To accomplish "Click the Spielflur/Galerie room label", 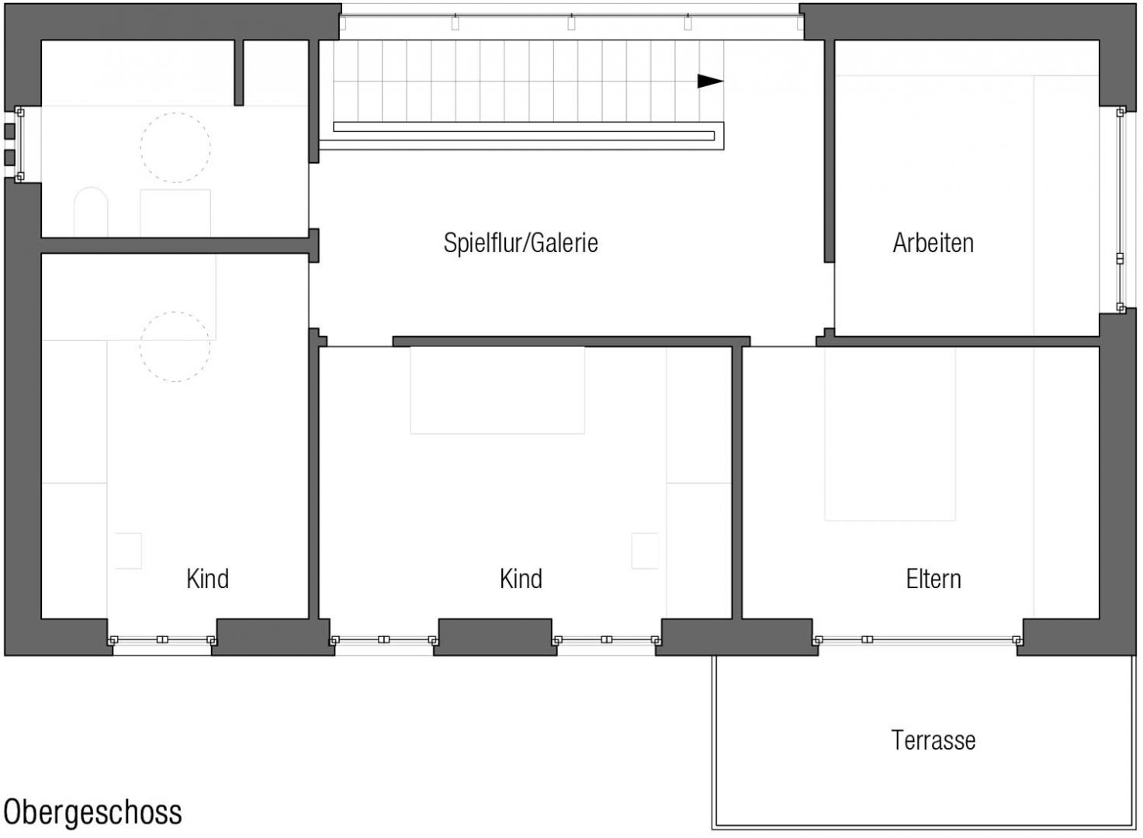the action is click(x=521, y=243).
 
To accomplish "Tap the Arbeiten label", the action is click(x=933, y=243).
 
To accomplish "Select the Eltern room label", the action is click(x=933, y=579).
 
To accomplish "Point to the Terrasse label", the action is click(x=933, y=740).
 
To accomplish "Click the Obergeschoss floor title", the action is click(x=92, y=812).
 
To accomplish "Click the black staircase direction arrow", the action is click(x=710, y=81).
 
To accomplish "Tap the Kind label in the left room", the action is click(x=208, y=579).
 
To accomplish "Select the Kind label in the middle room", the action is click(x=521, y=579).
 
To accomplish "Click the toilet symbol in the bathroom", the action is click(x=91, y=211).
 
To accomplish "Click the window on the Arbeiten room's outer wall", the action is click(x=1120, y=209).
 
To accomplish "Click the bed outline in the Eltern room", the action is click(x=890, y=434).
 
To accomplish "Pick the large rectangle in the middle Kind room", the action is click(x=497, y=390).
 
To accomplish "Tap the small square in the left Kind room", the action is click(x=129, y=551).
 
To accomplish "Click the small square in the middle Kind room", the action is click(x=645, y=551).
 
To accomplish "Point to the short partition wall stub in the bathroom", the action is click(x=239, y=72).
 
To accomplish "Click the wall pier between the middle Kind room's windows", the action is click(x=495, y=637).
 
